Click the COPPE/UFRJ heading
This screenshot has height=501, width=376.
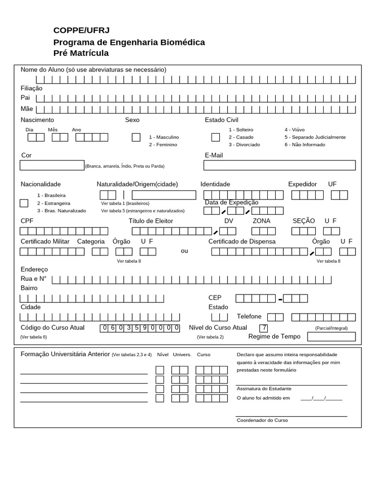(x=81, y=30)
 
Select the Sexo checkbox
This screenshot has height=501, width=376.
(x=136, y=137)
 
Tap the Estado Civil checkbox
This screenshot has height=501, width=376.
(x=215, y=137)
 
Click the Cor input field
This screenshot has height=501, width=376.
(x=52, y=165)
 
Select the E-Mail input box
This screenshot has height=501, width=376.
(x=280, y=165)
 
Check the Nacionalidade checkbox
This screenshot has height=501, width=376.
(x=23, y=203)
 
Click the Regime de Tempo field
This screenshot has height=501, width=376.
(x=331, y=337)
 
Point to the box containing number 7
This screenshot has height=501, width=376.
(x=263, y=328)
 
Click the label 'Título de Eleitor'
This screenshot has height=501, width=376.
(x=151, y=221)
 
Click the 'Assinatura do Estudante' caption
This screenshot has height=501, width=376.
(x=263, y=388)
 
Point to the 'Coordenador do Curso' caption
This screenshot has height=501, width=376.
(x=262, y=420)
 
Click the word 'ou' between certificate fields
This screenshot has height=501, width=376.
(x=184, y=251)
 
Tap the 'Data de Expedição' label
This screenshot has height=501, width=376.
(x=232, y=203)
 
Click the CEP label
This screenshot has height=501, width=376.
(x=215, y=298)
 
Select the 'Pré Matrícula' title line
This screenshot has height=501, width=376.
(x=81, y=53)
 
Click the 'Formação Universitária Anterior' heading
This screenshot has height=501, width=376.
(x=65, y=354)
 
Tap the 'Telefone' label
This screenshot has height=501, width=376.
(x=249, y=317)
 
